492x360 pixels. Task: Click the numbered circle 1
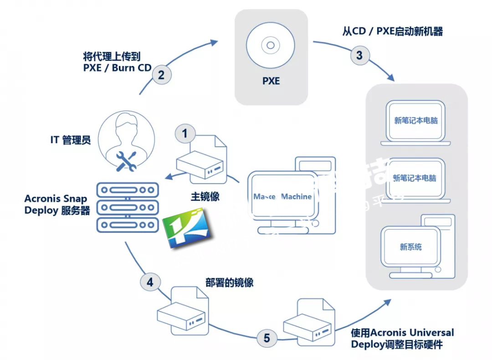click(185, 134)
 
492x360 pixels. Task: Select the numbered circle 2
click(161, 74)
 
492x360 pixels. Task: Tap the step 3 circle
click(359, 56)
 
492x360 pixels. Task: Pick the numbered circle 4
click(150, 282)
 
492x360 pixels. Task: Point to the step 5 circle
click(266, 338)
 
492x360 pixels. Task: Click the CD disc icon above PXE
click(271, 46)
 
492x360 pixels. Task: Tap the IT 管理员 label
click(71, 140)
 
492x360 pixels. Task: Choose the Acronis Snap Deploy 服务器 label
click(57, 205)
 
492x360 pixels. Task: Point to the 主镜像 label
click(205, 197)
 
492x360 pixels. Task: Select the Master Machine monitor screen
click(282, 196)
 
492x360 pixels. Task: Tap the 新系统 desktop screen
click(410, 247)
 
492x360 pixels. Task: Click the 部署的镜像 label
click(230, 283)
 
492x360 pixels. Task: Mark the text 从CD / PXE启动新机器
click(393, 31)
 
